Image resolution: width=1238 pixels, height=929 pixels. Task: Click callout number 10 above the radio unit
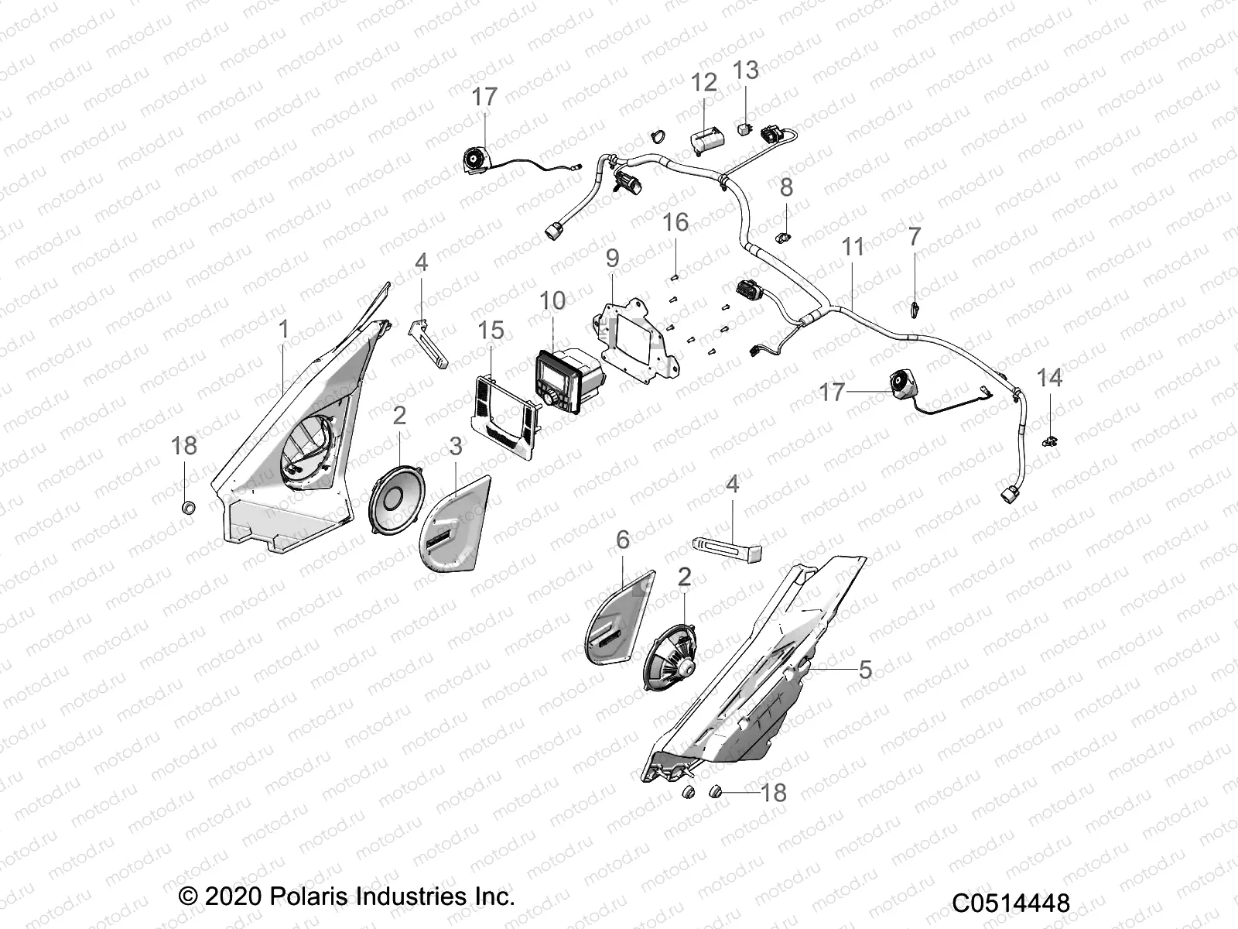[x=552, y=300]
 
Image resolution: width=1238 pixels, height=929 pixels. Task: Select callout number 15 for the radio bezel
[x=491, y=331]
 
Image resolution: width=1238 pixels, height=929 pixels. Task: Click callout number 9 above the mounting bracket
[x=612, y=259]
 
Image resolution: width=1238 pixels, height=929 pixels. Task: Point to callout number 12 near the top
[x=704, y=82]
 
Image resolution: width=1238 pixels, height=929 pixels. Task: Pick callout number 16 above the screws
[x=675, y=223]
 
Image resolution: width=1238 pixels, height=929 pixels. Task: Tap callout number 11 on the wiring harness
[x=852, y=248]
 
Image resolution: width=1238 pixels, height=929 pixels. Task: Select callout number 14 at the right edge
[x=1049, y=378]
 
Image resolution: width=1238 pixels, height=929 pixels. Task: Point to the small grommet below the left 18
[x=186, y=508]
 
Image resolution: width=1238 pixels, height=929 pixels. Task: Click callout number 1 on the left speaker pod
[x=283, y=329]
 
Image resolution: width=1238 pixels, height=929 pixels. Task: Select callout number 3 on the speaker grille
[x=456, y=446]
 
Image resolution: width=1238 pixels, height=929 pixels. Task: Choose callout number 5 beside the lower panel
[x=865, y=670]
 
